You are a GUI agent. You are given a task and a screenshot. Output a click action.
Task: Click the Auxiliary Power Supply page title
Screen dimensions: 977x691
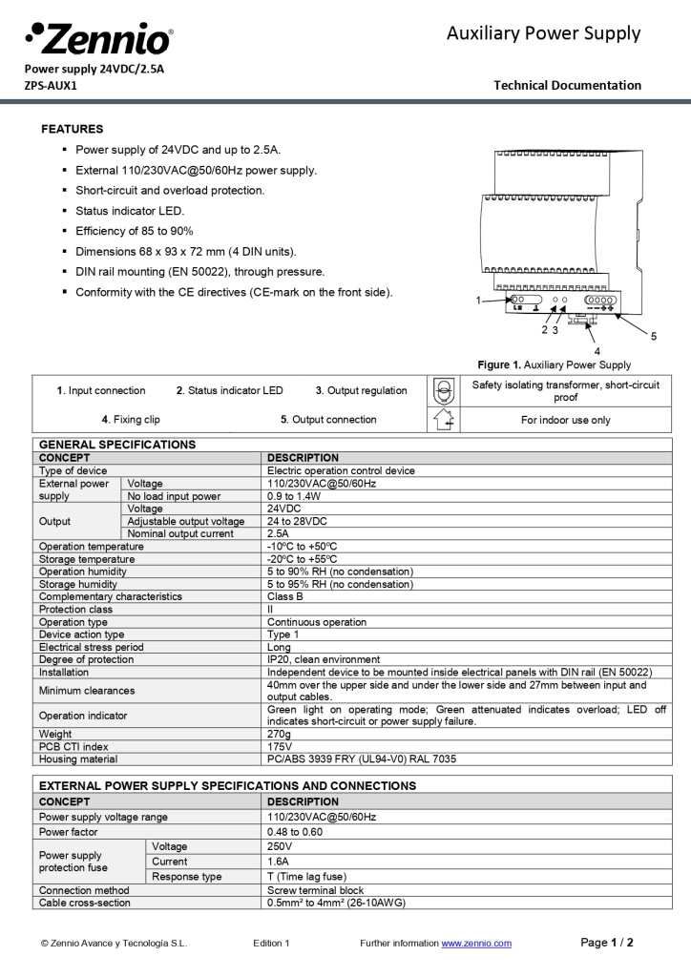click(x=543, y=34)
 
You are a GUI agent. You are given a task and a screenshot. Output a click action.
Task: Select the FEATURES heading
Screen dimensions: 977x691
click(x=73, y=129)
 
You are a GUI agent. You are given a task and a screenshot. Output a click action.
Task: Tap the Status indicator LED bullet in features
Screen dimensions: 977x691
click(x=130, y=211)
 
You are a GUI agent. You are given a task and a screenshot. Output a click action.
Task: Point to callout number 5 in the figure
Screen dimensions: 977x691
click(x=654, y=336)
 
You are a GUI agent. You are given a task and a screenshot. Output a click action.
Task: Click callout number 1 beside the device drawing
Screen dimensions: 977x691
click(x=478, y=301)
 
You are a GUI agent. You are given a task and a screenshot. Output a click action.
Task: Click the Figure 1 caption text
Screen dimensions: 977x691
click(x=555, y=364)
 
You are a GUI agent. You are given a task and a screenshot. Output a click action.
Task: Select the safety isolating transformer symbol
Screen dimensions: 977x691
click(x=443, y=390)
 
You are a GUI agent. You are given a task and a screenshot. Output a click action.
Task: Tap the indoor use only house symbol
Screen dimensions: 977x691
click(x=443, y=419)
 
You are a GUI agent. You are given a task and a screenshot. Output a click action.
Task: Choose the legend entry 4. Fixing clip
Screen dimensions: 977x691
click(x=131, y=419)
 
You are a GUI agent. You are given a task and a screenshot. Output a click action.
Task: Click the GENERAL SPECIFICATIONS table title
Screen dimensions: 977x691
click(x=117, y=445)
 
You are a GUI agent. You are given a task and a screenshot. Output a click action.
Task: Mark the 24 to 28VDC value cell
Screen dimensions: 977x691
click(x=297, y=521)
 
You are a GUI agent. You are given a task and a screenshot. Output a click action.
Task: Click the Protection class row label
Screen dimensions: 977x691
click(x=75, y=609)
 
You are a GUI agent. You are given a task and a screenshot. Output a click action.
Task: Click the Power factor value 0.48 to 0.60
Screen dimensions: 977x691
click(x=295, y=831)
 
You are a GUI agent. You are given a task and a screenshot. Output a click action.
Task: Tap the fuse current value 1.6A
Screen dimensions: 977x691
click(x=279, y=862)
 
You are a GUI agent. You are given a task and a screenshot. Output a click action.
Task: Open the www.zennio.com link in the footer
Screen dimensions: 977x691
click(x=475, y=944)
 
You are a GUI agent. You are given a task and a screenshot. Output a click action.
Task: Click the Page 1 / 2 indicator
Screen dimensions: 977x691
click(x=607, y=943)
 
